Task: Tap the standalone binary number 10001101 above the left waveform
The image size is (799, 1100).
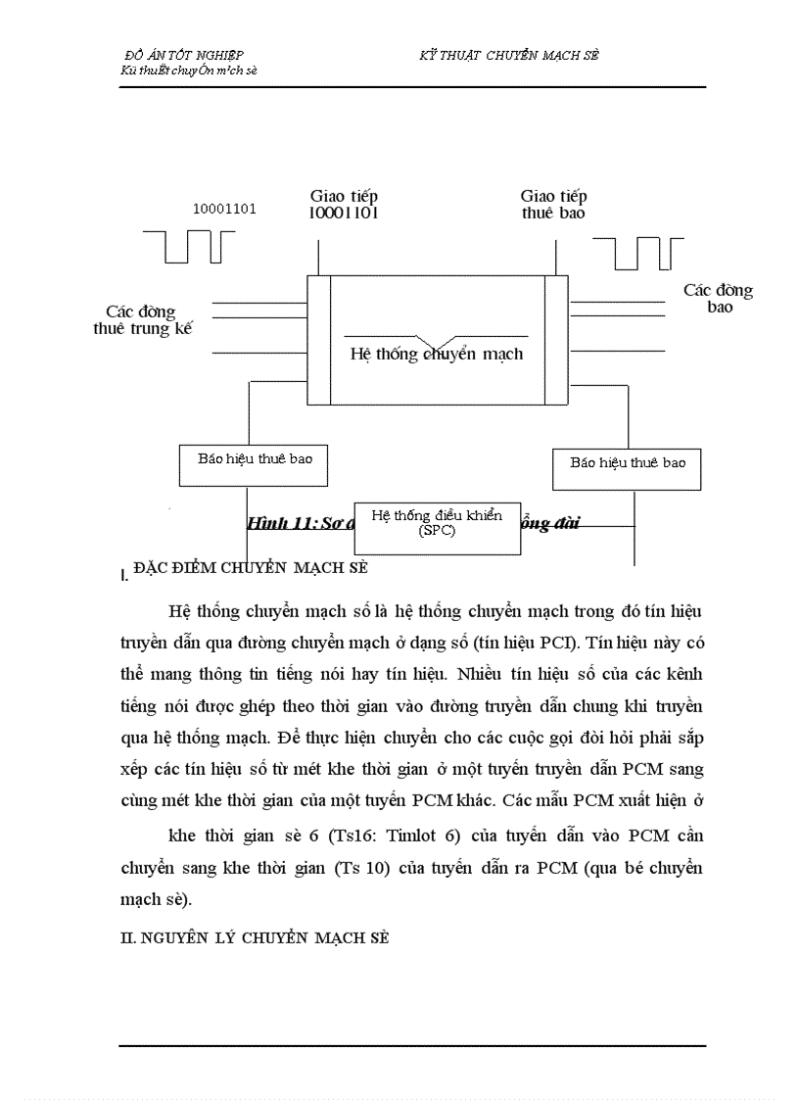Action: (x=224, y=208)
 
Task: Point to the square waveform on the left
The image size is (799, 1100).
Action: (x=189, y=246)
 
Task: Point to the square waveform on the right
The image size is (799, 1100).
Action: (x=637, y=252)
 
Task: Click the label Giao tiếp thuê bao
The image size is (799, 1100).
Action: (x=553, y=204)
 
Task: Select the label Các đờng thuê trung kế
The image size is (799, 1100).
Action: (x=142, y=320)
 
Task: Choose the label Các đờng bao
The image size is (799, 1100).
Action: (x=718, y=298)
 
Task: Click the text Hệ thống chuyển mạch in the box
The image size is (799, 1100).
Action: (x=437, y=354)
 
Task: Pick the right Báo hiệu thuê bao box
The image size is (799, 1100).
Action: (x=628, y=468)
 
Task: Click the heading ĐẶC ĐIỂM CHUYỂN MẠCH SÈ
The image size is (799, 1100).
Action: (x=250, y=567)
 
